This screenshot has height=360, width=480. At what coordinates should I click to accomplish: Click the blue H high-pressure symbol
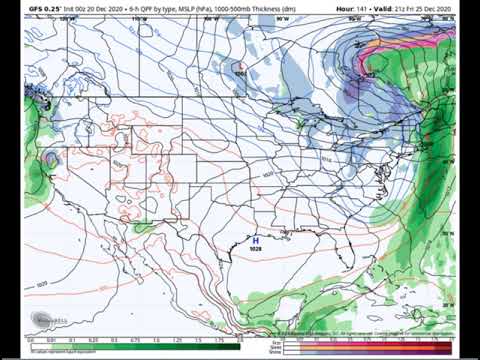[255, 240]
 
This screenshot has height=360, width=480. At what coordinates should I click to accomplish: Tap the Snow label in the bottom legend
[292, 349]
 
